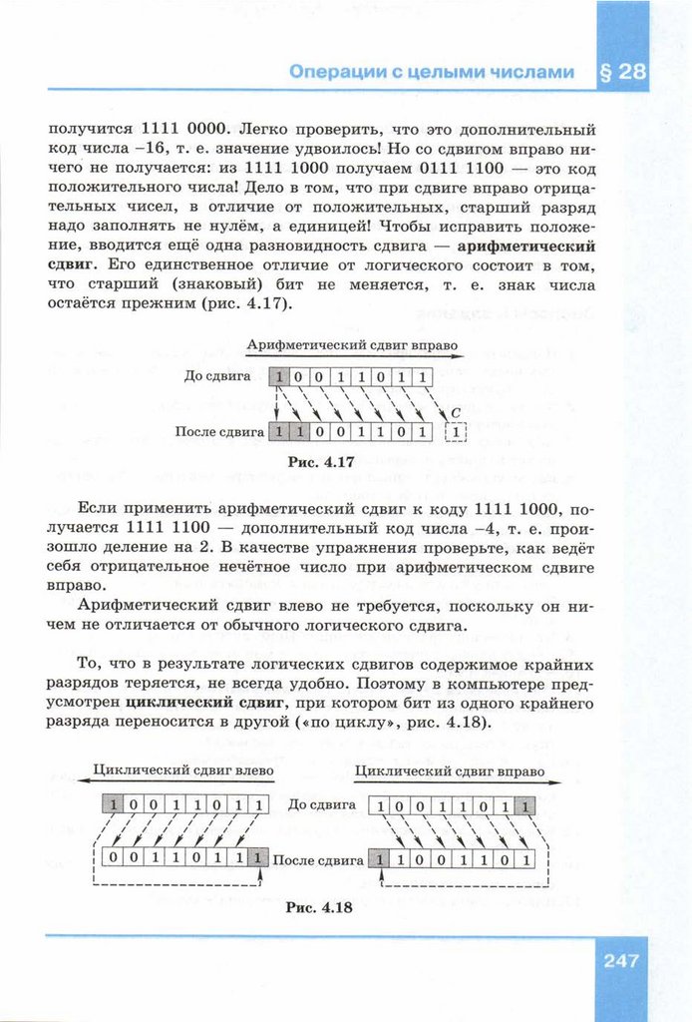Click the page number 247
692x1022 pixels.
coord(620,961)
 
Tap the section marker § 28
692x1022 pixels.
coord(623,72)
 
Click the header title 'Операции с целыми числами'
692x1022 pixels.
coord(432,72)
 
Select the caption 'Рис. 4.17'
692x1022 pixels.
coord(317,463)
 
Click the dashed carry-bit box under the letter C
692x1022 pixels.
coord(457,432)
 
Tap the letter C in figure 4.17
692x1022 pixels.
coord(455,411)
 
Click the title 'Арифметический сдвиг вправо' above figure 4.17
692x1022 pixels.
coord(352,345)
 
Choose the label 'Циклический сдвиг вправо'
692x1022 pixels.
coord(450,771)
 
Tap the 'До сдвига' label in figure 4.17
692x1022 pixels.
coord(224,377)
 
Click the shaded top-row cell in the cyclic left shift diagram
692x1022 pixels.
coord(116,804)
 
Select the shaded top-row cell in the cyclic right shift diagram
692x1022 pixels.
coord(525,804)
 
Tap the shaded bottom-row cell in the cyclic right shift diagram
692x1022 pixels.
coord(380,857)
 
